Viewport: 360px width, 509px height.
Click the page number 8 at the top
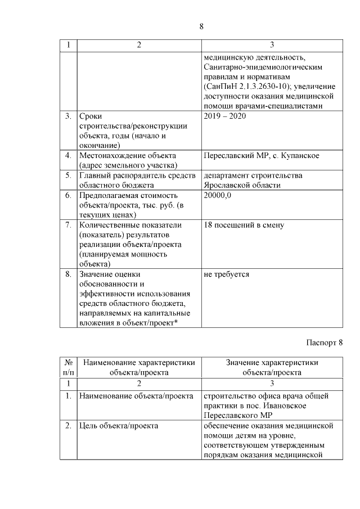click(201, 25)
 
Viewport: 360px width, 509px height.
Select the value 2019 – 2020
click(227, 116)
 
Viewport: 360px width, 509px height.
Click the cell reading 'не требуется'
click(227, 274)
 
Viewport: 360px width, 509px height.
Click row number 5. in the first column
click(67, 175)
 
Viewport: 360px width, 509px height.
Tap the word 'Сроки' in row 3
click(91, 116)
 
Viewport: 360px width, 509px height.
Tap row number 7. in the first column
click(67, 226)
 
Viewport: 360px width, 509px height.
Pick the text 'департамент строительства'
click(253, 175)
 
